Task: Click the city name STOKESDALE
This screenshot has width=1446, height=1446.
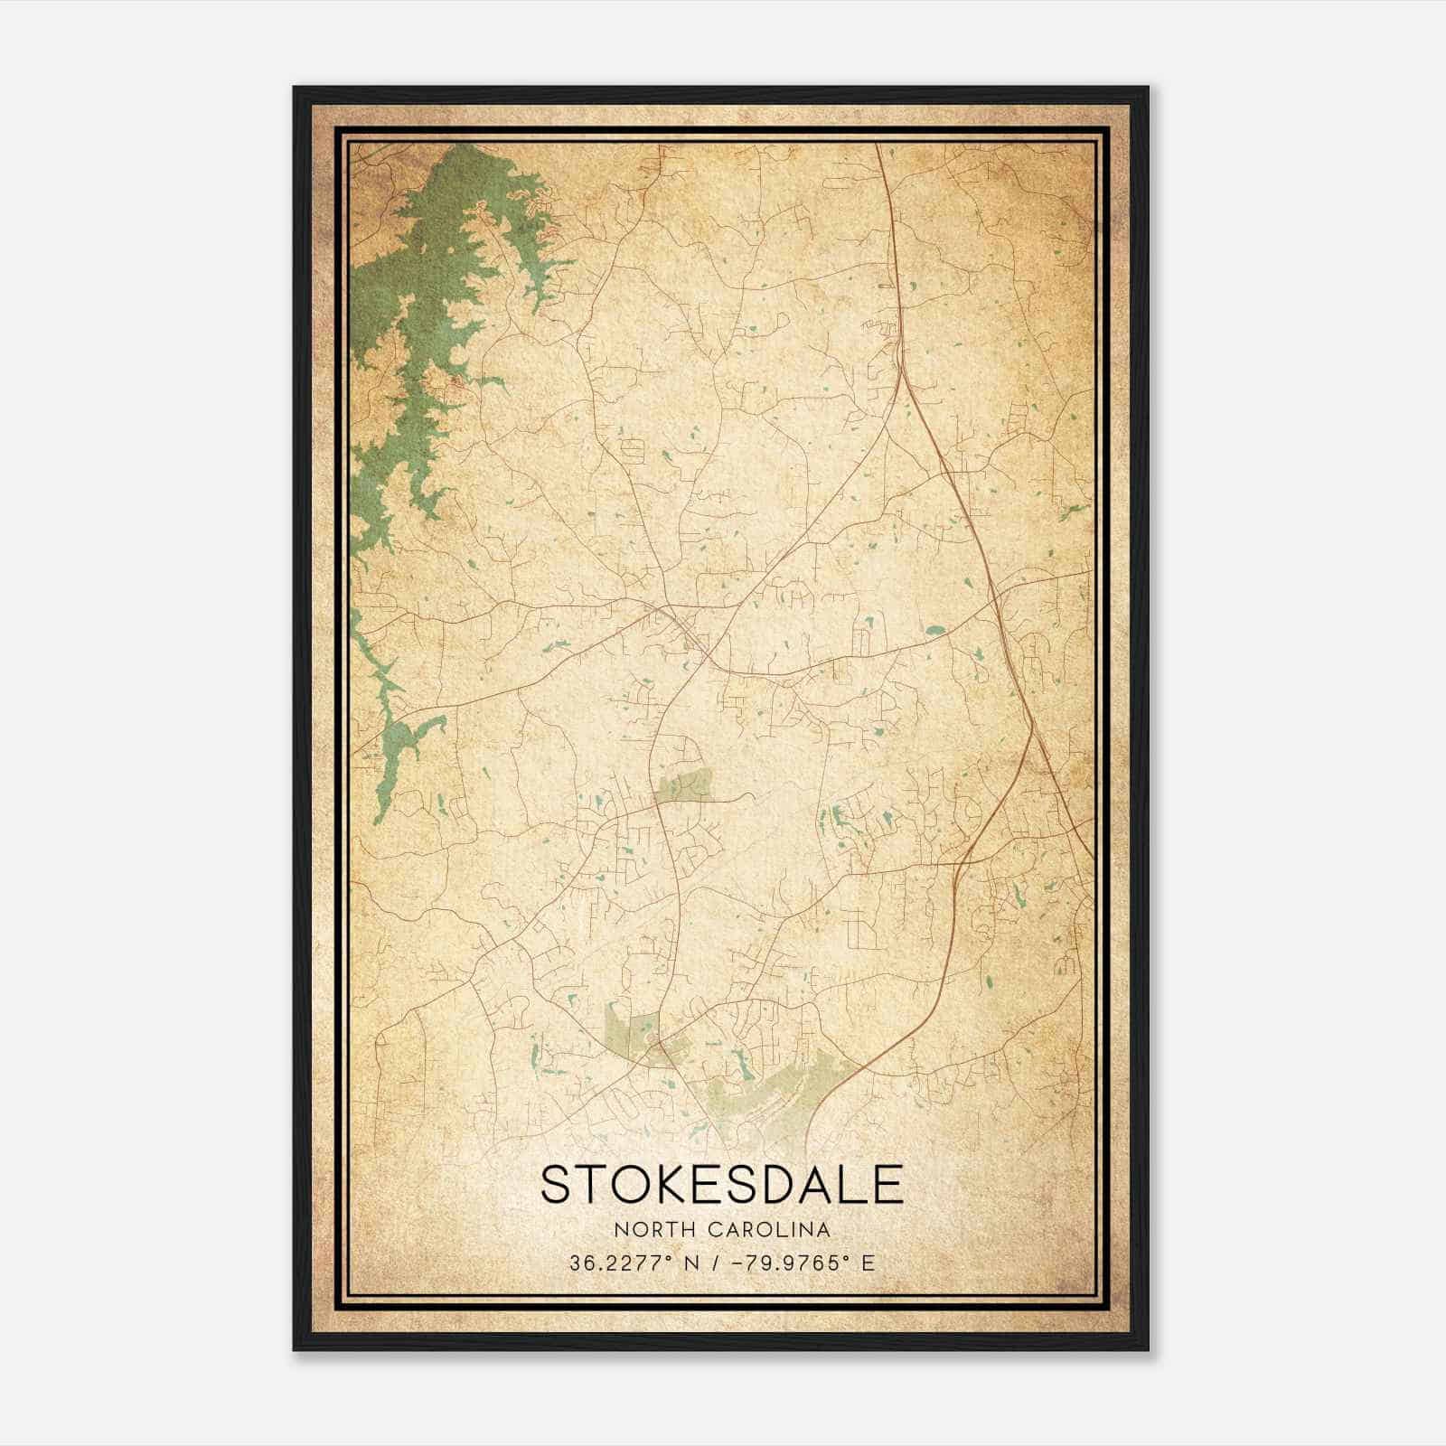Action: (721, 1185)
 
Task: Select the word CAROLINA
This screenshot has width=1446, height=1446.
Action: (767, 1230)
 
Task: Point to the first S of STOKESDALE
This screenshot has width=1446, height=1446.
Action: (555, 1185)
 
